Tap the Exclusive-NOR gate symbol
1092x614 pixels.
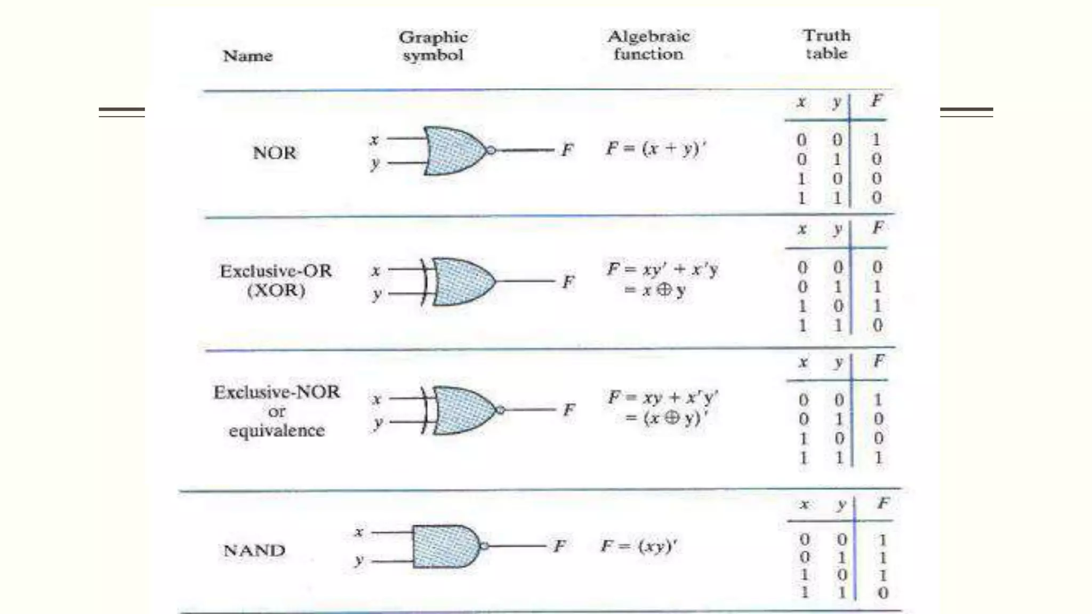pos(464,410)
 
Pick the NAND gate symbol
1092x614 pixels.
pos(446,546)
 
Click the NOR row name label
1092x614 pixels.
pos(274,153)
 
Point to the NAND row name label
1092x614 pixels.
pos(254,550)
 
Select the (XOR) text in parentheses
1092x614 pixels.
pos(276,290)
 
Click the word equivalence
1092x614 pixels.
pos(276,431)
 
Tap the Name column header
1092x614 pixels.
pos(247,56)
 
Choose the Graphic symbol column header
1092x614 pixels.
pos(433,46)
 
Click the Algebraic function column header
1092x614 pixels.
pos(648,45)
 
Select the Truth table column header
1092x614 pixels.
pos(826,44)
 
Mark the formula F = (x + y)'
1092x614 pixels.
pos(656,149)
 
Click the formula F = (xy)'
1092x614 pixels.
pos(639,546)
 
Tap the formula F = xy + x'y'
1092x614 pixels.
pos(663,398)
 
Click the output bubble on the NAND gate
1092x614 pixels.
pos(484,546)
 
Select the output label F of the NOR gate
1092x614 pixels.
pos(567,150)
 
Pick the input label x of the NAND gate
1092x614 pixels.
pos(359,532)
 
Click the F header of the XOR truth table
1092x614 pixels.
pos(878,229)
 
